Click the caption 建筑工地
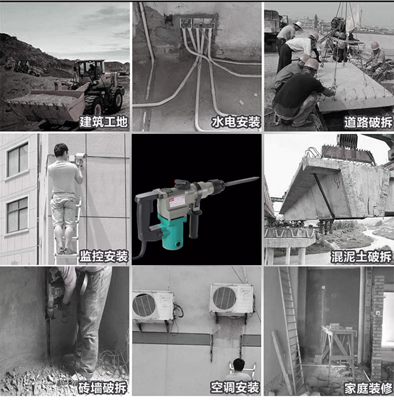[x=103, y=122]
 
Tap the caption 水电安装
[x=236, y=122]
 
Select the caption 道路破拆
[x=368, y=123]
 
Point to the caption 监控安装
[x=103, y=256]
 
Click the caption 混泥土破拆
[x=361, y=257]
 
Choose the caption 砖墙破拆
[x=102, y=388]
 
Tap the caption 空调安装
[x=235, y=388]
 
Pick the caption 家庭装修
[x=368, y=388]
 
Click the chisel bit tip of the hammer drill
[x=257, y=178]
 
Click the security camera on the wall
[x=80, y=158]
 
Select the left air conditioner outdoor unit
[x=153, y=306]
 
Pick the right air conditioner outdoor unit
[x=232, y=299]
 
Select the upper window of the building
[x=17, y=159]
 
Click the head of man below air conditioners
[x=239, y=365]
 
